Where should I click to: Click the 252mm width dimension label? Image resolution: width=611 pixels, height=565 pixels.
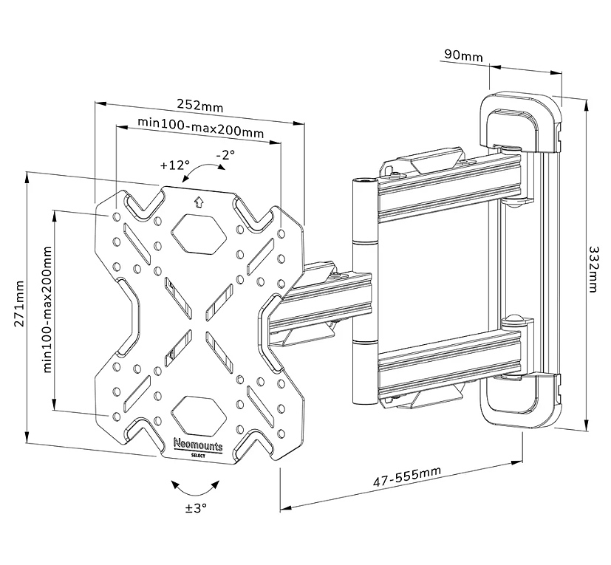pyautogui.click(x=201, y=106)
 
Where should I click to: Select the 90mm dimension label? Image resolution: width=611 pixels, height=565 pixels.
pyautogui.click(x=464, y=55)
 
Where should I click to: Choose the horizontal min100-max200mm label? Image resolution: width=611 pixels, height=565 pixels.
pyautogui.click(x=191, y=132)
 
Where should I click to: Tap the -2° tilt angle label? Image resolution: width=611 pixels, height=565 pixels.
pyautogui.click(x=225, y=155)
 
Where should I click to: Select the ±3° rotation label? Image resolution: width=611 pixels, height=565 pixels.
pyautogui.click(x=197, y=508)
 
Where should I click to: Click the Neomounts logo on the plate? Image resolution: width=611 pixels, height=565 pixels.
pyautogui.click(x=198, y=445)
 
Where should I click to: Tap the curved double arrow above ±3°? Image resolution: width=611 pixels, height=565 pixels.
pyautogui.click(x=196, y=487)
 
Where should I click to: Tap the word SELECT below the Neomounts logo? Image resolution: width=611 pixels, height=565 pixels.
pyautogui.click(x=198, y=455)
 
